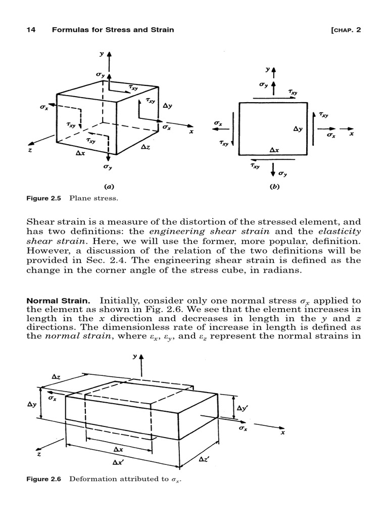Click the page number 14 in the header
pos(30,30)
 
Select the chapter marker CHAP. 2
pos(345,30)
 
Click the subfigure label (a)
pos(107,187)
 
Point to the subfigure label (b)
pos(274,187)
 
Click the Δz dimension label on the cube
pos(145,147)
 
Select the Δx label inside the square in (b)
pos(274,150)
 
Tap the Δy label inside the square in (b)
pos(298,129)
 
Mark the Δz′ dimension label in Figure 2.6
pos(205,459)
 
